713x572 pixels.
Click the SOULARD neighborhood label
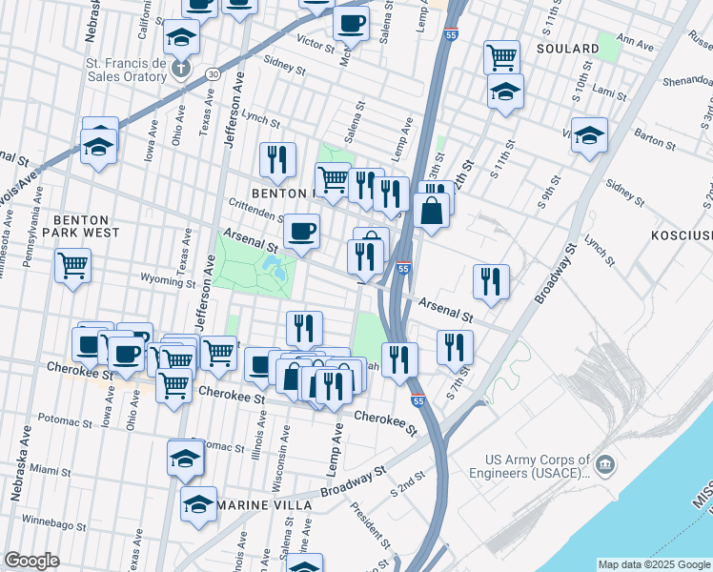click(567, 48)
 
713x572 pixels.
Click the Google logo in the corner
click(31, 561)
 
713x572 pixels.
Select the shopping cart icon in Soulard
click(501, 56)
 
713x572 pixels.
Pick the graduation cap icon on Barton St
click(590, 134)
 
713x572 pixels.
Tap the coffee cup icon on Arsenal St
click(302, 232)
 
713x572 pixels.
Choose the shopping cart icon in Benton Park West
click(73, 265)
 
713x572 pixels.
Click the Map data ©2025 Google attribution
click(653, 564)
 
